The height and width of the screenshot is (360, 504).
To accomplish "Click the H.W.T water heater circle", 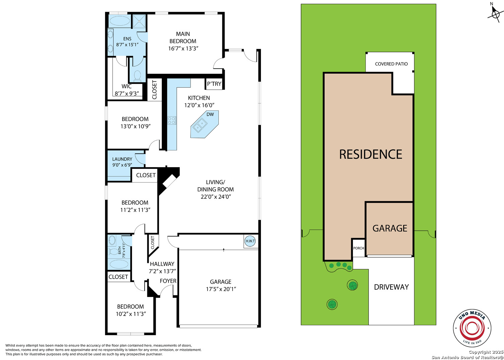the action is pyautogui.click(x=250, y=241).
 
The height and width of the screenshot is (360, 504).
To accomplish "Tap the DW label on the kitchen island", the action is pyautogui.click(x=210, y=114).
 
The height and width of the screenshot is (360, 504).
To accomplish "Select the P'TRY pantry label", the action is pyautogui.click(x=214, y=84).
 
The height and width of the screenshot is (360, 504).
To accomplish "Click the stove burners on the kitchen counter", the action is pyautogui.click(x=172, y=120).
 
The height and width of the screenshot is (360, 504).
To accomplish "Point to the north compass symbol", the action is pyautogui.click(x=495, y=13).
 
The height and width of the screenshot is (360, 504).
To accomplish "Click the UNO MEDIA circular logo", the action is pyautogui.click(x=472, y=328).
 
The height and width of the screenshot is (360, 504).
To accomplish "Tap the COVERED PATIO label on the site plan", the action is pyautogui.click(x=391, y=64).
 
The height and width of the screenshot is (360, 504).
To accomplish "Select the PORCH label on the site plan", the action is pyautogui.click(x=358, y=248).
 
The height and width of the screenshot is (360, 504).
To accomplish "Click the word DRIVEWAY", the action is pyautogui.click(x=391, y=287).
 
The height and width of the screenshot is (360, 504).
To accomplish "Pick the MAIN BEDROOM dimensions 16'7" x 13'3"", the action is pyautogui.click(x=183, y=48).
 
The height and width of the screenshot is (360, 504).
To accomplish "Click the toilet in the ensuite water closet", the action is pyautogui.click(x=137, y=76).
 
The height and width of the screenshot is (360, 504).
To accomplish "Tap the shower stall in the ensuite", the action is pyautogui.click(x=139, y=21).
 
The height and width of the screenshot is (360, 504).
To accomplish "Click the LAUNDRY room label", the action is pyautogui.click(x=122, y=159).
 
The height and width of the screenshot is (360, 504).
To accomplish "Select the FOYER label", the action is pyautogui.click(x=168, y=281).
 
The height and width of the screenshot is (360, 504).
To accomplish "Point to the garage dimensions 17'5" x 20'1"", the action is pyautogui.click(x=221, y=289).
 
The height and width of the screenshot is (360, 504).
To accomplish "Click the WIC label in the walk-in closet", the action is pyautogui.click(x=127, y=86).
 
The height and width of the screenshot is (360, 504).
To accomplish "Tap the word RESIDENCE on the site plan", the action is pyautogui.click(x=371, y=154).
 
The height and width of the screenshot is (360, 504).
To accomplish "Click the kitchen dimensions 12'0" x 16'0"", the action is pyautogui.click(x=199, y=105).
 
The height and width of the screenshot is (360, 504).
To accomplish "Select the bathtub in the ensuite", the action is pyautogui.click(x=120, y=21).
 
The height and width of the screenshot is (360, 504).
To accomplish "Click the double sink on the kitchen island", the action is pyautogui.click(x=200, y=125).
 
